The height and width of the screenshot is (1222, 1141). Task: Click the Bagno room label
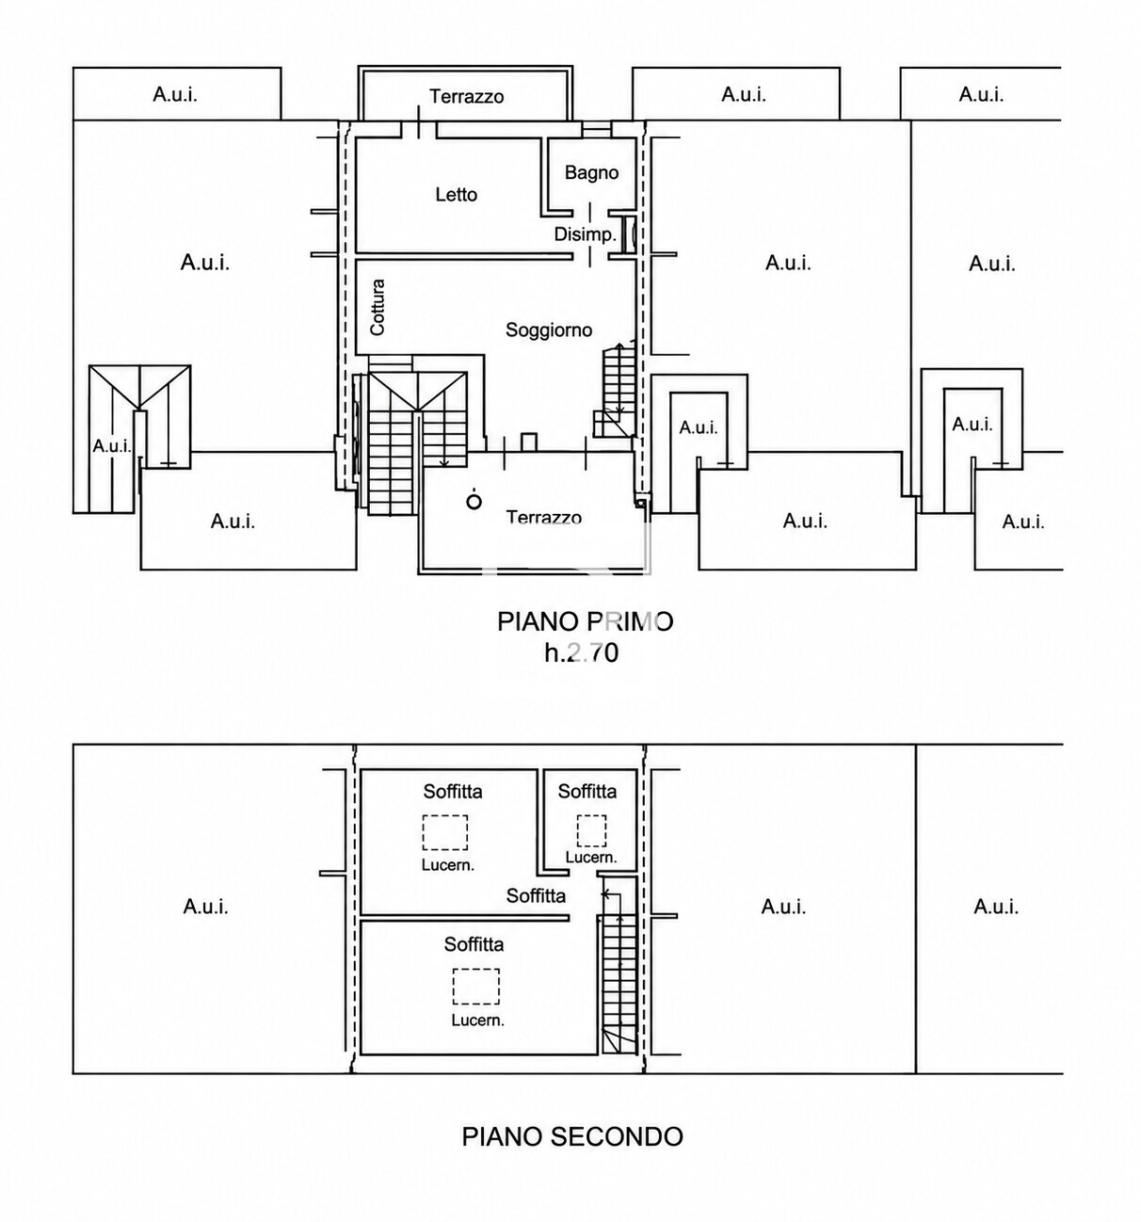(x=591, y=173)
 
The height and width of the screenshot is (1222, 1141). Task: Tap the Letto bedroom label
(x=456, y=195)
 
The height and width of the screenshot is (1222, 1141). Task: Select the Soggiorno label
(x=549, y=330)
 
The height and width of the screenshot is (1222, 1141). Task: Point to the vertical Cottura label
(x=378, y=307)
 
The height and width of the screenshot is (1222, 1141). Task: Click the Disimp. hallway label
(x=585, y=234)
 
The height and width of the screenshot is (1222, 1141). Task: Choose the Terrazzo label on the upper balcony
(x=467, y=97)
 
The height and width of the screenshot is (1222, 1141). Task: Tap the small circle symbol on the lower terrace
(x=474, y=502)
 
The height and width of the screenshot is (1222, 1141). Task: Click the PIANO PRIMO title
(x=586, y=621)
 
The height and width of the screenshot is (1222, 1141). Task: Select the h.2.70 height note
(x=582, y=652)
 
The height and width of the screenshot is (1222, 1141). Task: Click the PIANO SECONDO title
(x=572, y=1137)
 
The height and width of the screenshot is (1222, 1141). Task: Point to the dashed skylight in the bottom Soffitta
(x=475, y=987)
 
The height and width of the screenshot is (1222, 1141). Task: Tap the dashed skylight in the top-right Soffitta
(x=591, y=830)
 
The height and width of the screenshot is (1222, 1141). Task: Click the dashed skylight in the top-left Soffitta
(x=445, y=832)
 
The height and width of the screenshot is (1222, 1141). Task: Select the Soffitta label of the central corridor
(x=536, y=896)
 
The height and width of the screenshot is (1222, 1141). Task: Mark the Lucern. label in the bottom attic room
(x=477, y=1021)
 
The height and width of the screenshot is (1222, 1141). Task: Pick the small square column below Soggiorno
(x=529, y=442)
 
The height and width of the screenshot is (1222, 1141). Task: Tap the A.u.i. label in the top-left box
(x=175, y=95)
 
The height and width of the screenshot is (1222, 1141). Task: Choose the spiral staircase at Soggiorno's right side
(x=614, y=392)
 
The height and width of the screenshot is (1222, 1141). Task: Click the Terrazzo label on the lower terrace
(x=543, y=517)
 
